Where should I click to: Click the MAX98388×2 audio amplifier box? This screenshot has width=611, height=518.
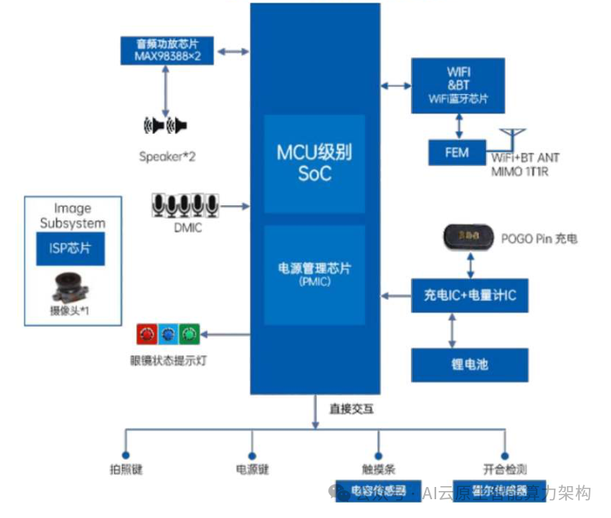point(167,51)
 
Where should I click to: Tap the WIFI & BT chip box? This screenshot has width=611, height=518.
point(457,85)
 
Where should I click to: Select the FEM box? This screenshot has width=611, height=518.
point(457,152)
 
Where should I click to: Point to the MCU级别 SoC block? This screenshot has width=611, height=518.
point(314,163)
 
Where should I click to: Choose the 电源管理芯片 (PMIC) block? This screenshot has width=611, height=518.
point(314,275)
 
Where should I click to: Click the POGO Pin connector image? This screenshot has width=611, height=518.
point(469,238)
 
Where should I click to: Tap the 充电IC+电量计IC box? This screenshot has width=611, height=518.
point(469,295)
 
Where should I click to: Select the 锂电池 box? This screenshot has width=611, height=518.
point(469,364)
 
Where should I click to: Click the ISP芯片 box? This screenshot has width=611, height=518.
point(71,248)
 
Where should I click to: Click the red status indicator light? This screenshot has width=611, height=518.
point(147,334)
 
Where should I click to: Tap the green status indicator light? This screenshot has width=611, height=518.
point(190,334)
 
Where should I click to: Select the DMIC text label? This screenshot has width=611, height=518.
point(187,228)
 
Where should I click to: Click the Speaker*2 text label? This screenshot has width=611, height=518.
point(167,156)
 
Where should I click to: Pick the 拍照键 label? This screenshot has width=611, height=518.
point(125,470)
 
